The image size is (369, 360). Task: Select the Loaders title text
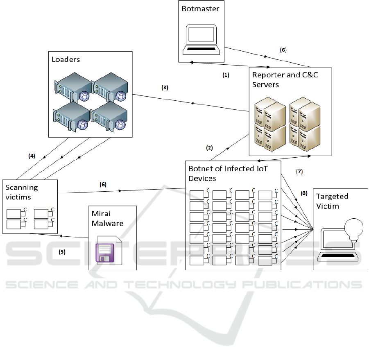[66, 59]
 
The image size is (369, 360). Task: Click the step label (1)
[225, 76]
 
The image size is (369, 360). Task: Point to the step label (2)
[209, 148]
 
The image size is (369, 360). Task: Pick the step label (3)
[165, 88]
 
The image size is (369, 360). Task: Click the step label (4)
[32, 156]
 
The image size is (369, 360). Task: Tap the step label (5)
[62, 252]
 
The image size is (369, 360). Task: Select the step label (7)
[299, 172]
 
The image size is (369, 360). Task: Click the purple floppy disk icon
[106, 252]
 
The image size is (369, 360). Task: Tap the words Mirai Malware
[105, 219]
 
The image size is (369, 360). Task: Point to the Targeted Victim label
[333, 201]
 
